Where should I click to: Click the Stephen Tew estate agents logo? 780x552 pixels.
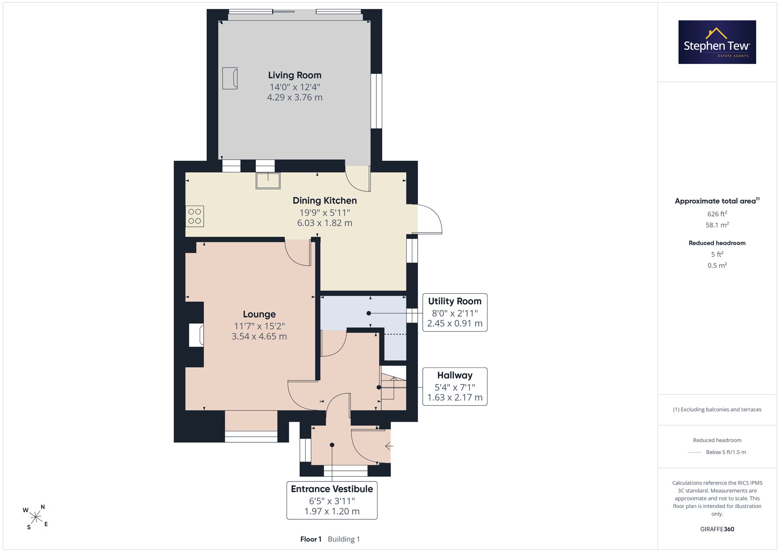717,42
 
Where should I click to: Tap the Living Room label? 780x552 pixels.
295,75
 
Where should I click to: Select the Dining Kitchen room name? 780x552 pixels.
325,201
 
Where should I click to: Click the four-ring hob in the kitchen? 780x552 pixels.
195,216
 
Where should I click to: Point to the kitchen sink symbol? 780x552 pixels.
268,181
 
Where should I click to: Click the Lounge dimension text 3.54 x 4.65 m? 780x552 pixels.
259,336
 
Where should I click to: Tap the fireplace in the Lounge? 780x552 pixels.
196,335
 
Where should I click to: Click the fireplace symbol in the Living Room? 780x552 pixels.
230,78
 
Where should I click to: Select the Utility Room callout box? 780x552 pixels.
455,312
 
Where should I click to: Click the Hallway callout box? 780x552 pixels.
455,386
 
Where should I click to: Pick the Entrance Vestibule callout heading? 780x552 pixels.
332,489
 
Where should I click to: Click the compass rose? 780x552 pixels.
35,517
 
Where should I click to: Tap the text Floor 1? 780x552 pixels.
311,539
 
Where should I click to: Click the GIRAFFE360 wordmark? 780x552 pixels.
717,529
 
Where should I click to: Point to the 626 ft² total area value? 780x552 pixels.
717,214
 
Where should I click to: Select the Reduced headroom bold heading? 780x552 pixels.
717,243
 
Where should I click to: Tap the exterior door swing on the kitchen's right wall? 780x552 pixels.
429,219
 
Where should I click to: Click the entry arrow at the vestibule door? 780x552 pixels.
389,446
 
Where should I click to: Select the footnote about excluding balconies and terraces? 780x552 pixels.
717,410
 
